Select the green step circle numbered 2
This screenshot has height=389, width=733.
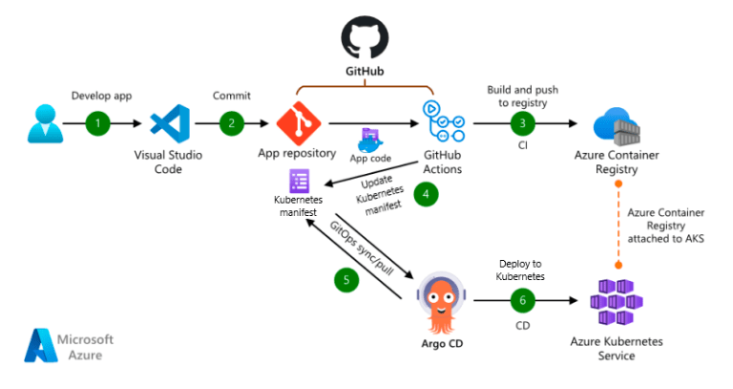[x=230, y=123]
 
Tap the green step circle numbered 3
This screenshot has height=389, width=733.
[x=521, y=123]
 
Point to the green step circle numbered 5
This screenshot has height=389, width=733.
[x=346, y=280]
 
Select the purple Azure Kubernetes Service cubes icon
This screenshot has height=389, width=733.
[x=616, y=301]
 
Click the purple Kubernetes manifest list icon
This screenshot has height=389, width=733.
[x=299, y=180]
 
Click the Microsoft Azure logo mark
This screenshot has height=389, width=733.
[x=40, y=346]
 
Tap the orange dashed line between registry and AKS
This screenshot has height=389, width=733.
[x=616, y=225]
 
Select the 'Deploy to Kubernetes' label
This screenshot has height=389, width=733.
[x=521, y=270]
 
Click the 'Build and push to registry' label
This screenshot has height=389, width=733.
[x=521, y=94]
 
